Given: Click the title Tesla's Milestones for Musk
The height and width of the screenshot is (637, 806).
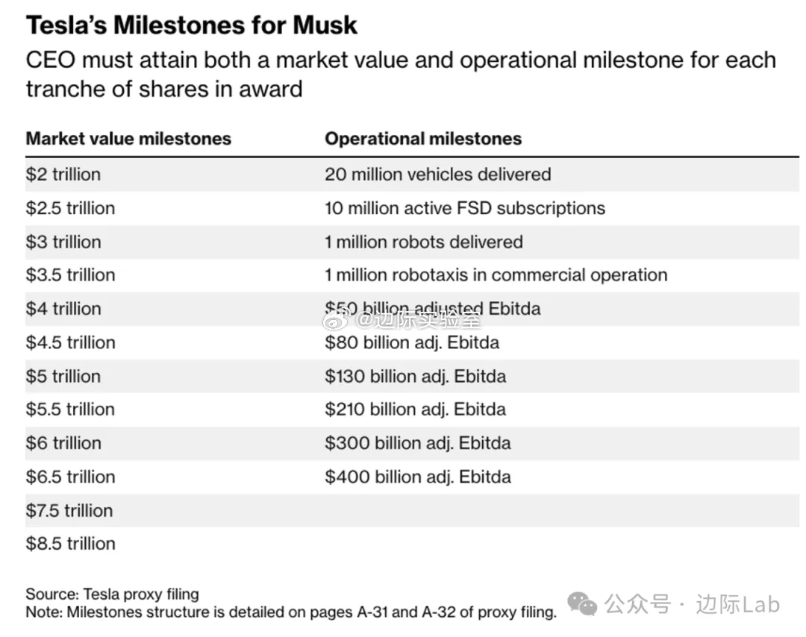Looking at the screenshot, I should coord(192,25).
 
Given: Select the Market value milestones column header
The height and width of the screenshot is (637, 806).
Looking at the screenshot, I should coord(128,139).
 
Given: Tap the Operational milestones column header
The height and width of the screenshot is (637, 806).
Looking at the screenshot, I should coord(423,139).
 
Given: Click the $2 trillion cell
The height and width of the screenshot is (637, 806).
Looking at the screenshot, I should coord(63,175).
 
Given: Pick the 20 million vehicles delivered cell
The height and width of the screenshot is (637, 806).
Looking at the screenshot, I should coord(437,175).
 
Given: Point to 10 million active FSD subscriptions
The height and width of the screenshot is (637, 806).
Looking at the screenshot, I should coord(464,208).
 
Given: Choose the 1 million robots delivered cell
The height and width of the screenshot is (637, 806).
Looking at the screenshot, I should coord(423,242).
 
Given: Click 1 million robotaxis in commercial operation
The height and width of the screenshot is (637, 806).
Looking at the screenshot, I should coord(496,274).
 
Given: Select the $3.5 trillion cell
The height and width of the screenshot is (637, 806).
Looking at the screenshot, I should coord(71,274).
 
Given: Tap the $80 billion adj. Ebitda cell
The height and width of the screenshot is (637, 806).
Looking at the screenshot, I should coord(412,342).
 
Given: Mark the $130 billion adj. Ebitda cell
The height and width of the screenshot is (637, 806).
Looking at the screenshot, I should coord(415,376).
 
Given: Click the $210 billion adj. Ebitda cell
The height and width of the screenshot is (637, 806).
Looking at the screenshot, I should coord(415,409).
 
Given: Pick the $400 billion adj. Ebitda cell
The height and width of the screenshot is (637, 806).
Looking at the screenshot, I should coord(418,477).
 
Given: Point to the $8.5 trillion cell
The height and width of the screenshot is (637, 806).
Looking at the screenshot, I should coord(71,544).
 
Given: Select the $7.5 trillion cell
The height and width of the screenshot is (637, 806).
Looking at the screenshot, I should coord(71,511).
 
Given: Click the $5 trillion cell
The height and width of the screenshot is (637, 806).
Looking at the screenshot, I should coord(63,376).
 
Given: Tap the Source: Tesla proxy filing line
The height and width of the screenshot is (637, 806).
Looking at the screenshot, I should coord(113,594).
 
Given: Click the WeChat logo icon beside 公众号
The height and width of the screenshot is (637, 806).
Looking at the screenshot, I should coord(582,604).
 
